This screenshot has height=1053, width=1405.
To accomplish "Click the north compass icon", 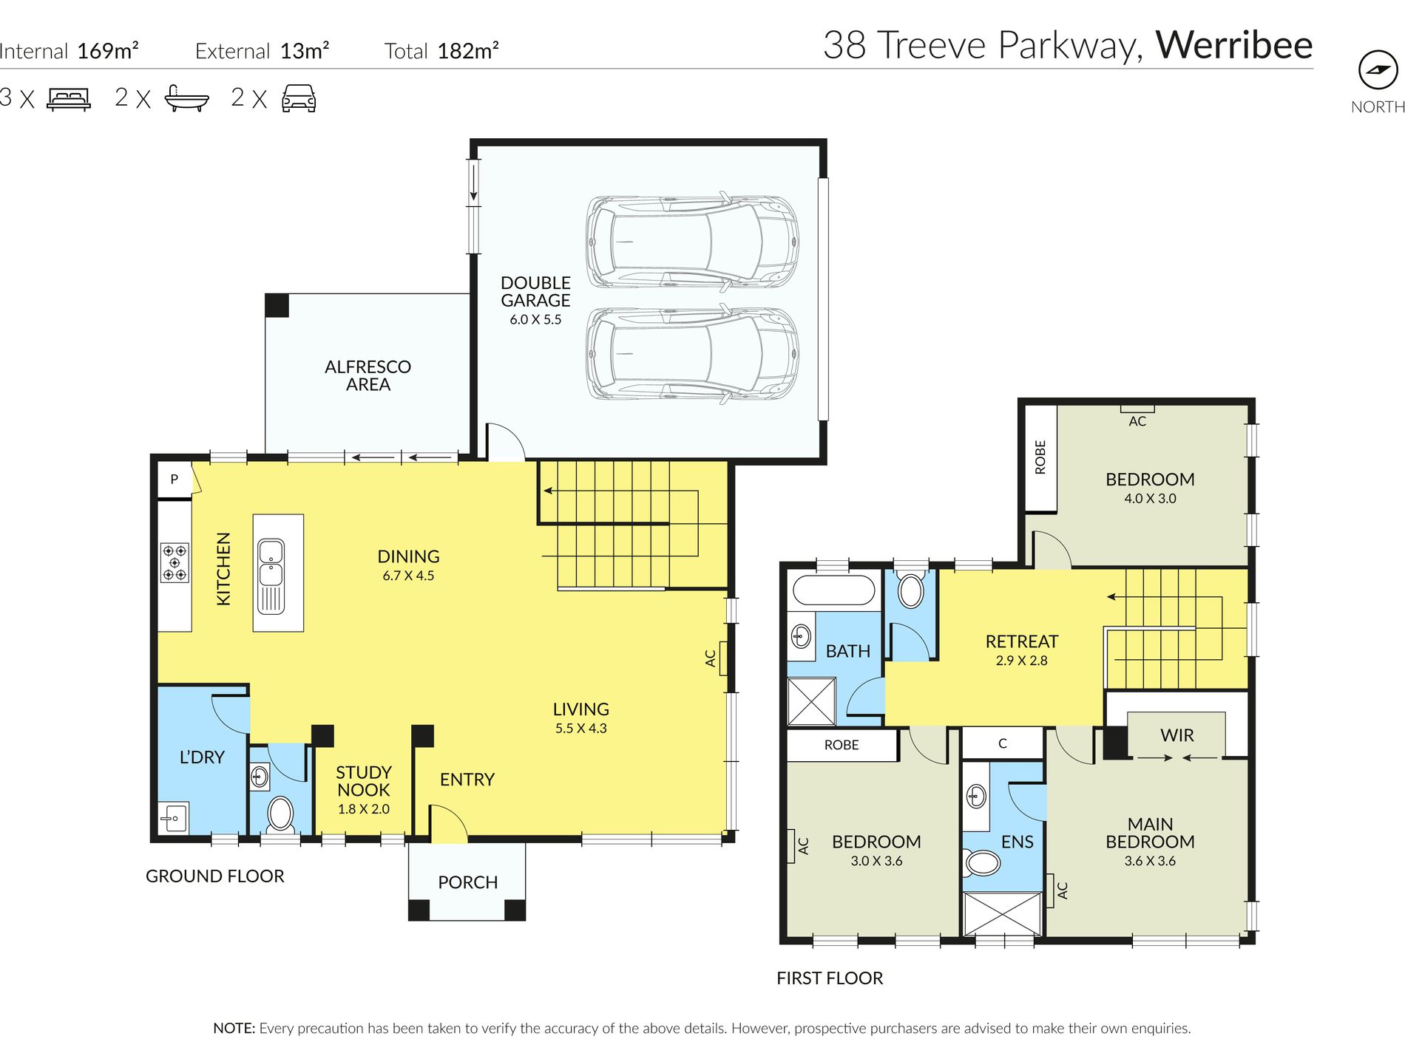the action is [1378, 70].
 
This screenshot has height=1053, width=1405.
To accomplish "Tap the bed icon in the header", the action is [69, 99].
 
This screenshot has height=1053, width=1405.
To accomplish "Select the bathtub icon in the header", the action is [186, 98].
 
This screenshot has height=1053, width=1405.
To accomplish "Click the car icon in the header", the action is [299, 98].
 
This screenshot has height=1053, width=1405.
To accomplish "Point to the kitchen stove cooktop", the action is [175, 562].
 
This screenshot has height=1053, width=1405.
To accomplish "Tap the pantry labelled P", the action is [175, 480].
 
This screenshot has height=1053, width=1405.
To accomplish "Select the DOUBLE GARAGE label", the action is [535, 292].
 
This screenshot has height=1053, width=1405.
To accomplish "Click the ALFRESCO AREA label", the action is [368, 375].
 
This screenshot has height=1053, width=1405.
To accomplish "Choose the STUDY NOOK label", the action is [364, 781].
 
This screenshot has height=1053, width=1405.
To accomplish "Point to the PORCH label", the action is [468, 882].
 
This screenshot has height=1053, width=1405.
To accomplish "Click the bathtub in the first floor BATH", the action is [833, 591].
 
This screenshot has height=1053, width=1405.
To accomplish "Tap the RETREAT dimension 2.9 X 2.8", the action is [1021, 661].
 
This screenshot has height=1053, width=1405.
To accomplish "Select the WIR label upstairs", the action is [1177, 735].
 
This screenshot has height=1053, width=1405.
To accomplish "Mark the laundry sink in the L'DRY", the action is [173, 818].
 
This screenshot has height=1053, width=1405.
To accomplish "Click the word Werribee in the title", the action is [1234, 45].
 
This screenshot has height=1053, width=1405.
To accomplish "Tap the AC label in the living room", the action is [711, 658].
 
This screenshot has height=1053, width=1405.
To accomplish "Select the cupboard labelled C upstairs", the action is [1003, 743].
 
